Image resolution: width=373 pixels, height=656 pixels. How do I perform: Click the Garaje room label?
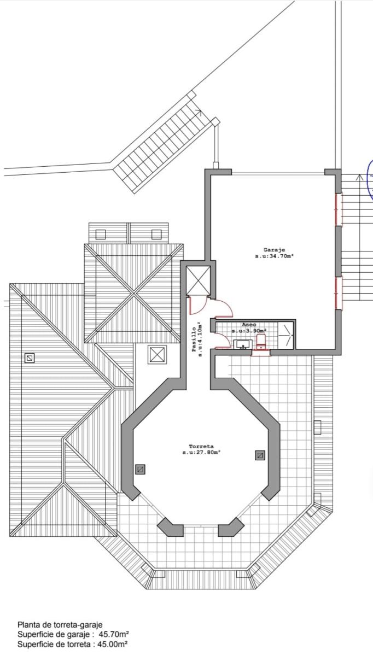(274, 250)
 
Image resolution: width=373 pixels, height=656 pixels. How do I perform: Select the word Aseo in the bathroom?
(249, 325)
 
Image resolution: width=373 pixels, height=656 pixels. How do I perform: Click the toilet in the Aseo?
(261, 342)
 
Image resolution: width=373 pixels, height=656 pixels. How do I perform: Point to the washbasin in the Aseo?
(243, 344)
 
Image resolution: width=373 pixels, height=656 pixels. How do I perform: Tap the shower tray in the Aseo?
(285, 335)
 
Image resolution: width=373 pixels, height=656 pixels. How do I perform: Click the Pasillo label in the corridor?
(194, 339)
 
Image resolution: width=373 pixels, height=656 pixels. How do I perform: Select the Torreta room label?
(201, 447)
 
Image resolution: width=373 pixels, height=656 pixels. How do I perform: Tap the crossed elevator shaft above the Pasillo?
(199, 280)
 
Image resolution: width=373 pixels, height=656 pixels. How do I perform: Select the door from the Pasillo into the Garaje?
(224, 308)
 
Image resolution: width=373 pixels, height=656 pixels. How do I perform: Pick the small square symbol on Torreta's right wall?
(260, 455)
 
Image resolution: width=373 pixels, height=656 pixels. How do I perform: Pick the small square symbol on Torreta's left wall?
(140, 470)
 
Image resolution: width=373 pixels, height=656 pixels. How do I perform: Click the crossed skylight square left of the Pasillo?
(157, 355)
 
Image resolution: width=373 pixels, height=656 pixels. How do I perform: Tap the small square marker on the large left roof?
(30, 358)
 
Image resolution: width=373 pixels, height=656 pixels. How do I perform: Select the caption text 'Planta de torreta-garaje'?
(60, 625)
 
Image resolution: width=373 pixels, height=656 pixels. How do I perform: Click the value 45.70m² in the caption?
(114, 635)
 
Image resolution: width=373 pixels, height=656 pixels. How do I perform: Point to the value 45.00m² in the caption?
(112, 645)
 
